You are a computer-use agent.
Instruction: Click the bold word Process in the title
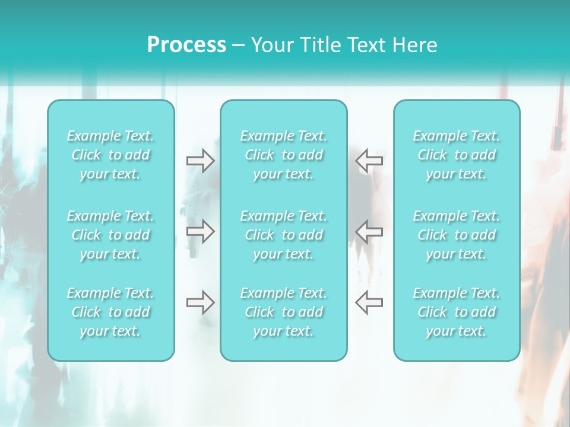[186, 45]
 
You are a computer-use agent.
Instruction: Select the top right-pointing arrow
[200, 160]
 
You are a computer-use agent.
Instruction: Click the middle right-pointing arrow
[200, 231]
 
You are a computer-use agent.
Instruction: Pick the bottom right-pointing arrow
[200, 302]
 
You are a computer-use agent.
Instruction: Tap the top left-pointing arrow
[369, 160]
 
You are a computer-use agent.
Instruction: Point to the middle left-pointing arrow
[369, 231]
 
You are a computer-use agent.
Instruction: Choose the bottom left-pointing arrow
[369, 302]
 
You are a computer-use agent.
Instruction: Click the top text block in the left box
[110, 155]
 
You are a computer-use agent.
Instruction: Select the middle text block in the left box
[110, 235]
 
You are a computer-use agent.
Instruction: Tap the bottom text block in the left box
[110, 312]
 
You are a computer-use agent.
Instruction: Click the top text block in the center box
[284, 155]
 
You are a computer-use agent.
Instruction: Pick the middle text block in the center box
[284, 235]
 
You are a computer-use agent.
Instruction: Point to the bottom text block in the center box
[284, 312]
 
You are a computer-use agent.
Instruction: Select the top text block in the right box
[457, 155]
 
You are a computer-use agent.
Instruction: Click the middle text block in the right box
[457, 235]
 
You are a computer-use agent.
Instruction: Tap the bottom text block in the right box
[457, 312]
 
